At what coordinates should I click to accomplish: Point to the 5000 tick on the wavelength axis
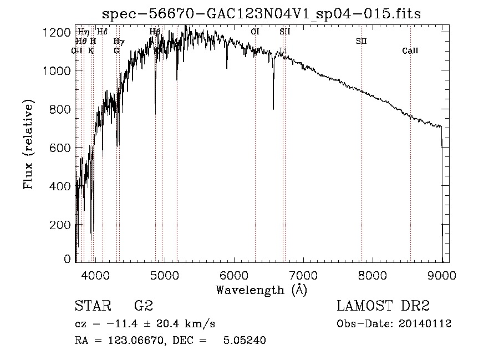(164, 273)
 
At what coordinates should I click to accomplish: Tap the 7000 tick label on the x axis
(303, 273)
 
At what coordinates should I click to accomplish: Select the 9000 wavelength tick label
(441, 273)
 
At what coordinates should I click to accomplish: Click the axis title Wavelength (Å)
(261, 289)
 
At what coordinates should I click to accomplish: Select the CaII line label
(410, 51)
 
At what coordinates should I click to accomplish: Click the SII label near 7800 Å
(361, 41)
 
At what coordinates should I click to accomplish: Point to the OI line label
(255, 32)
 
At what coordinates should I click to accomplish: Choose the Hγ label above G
(118, 41)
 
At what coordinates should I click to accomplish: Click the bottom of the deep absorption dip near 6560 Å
(273, 108)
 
